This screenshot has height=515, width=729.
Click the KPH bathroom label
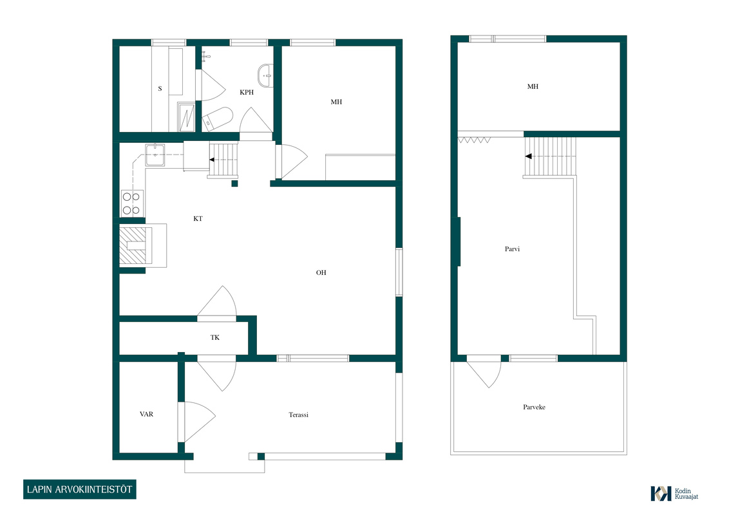coord(247,93)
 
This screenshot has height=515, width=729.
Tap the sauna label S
coord(160,89)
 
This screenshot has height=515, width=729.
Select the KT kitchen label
coord(198,218)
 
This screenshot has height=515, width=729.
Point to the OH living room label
coord(321,273)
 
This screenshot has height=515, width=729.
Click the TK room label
coord(215,337)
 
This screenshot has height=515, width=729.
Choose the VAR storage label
coord(146,414)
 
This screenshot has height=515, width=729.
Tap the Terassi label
coord(298,415)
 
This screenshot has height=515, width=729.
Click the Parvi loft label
coord(513,249)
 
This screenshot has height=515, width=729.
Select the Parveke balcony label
coord(535,407)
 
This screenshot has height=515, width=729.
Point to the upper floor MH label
coord(533,86)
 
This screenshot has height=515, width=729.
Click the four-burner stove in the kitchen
coord(132,203)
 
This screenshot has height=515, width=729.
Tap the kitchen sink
coord(155,154)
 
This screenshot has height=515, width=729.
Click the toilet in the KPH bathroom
coord(218,118)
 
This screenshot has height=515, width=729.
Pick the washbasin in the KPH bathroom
coord(265,75)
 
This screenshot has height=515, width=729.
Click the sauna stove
coord(187,117)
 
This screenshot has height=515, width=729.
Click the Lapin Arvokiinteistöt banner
coord(79,489)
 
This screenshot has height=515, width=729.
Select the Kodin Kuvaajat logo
coord(675,494)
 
